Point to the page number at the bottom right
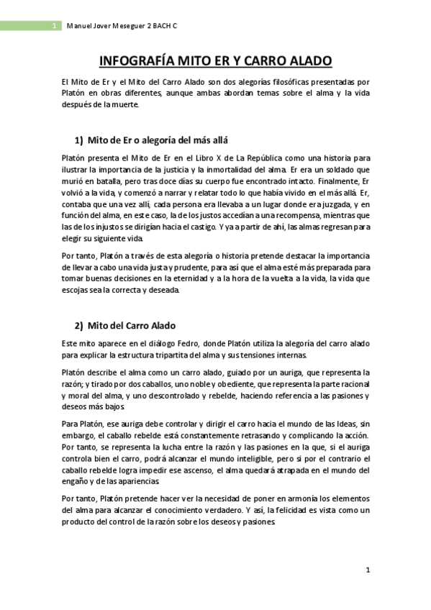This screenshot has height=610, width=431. (x=367, y=570)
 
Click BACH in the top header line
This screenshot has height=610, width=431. (x=164, y=26)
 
